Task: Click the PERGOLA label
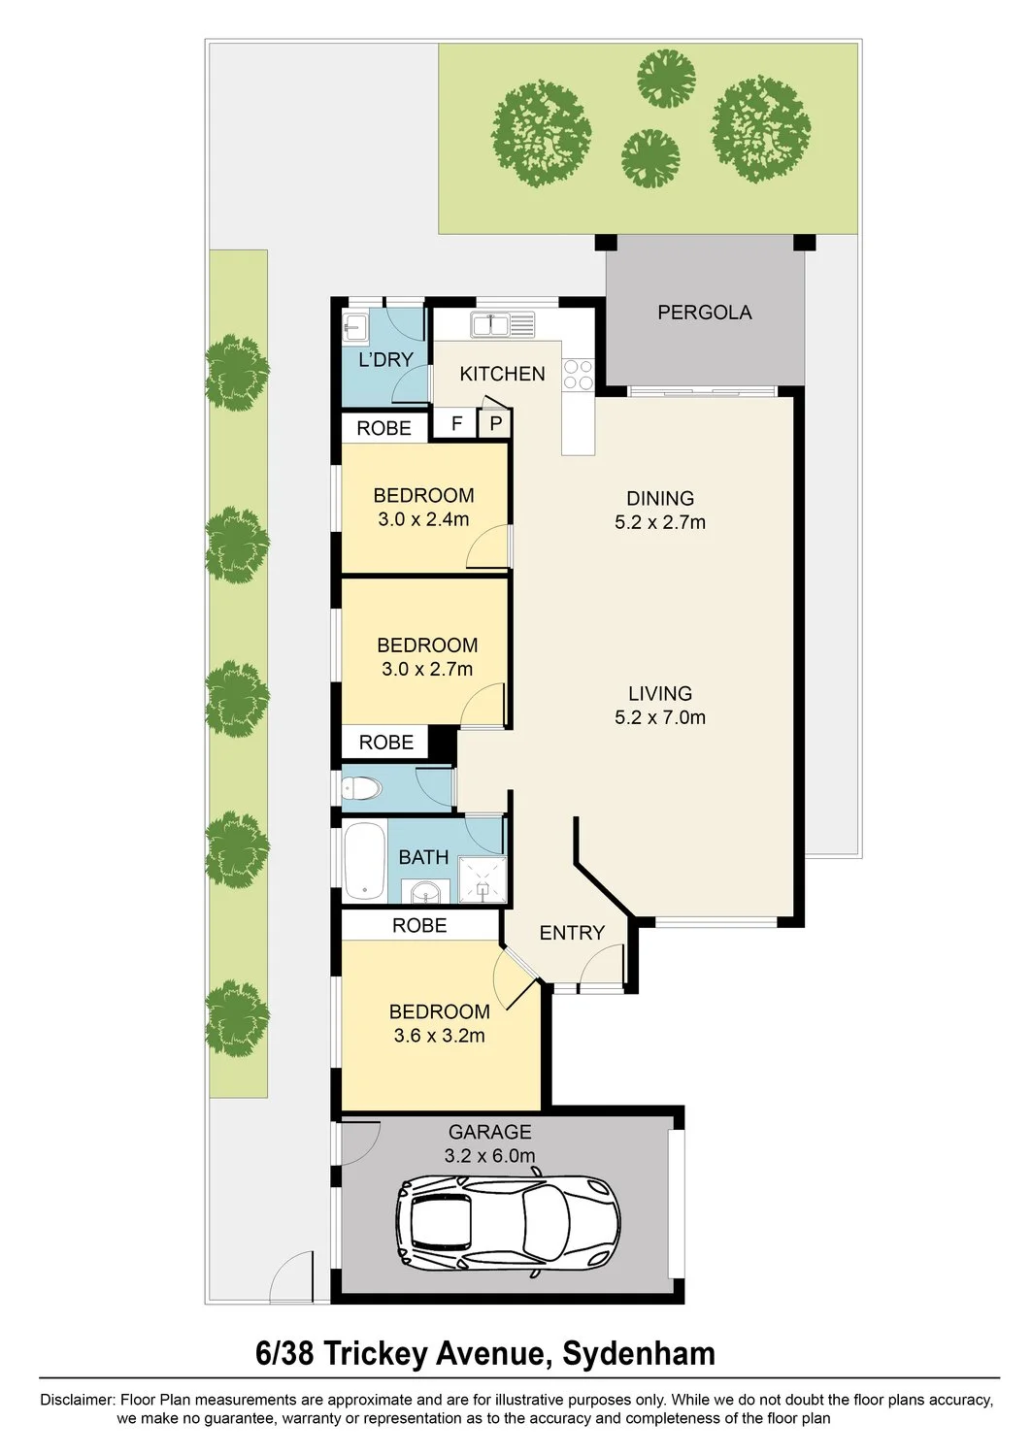704,313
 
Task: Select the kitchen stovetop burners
578,375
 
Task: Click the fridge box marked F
456,424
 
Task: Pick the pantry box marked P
495,424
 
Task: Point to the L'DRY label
385,359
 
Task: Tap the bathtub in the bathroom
365,861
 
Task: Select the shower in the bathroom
482,879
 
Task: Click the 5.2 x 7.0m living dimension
660,717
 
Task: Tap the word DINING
660,499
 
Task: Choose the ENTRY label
572,934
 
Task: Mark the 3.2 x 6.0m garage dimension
489,1156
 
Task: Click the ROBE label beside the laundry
384,428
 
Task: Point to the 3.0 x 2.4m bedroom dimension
423,519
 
